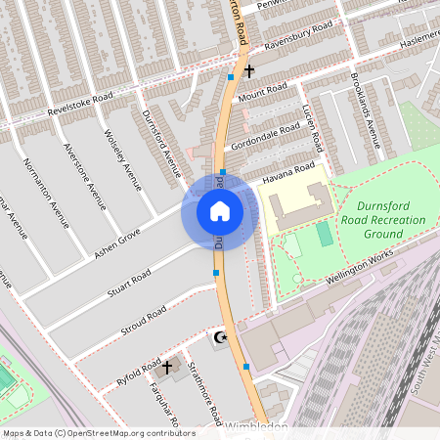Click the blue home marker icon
point(220,210)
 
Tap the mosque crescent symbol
point(220,337)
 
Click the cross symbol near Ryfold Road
point(167,367)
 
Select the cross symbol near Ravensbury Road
point(249,70)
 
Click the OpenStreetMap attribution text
point(99,432)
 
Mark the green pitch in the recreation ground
point(325,234)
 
